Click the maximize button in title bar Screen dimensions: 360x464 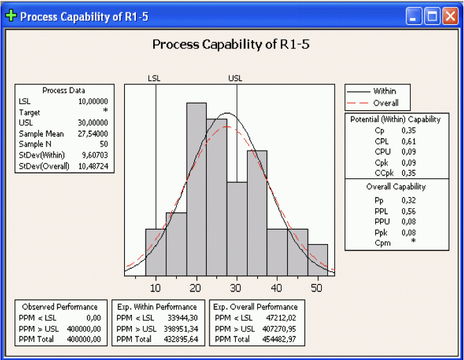(x=433, y=16)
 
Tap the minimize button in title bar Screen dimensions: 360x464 (x=415, y=16)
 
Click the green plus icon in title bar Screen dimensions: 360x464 (x=11, y=16)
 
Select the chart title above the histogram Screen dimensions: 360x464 (x=232, y=45)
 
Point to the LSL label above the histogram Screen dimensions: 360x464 (x=154, y=79)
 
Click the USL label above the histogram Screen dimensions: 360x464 (x=236, y=79)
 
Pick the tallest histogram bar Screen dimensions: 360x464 (x=196, y=187)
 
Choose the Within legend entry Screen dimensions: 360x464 (x=385, y=91)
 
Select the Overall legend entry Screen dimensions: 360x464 (x=386, y=103)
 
